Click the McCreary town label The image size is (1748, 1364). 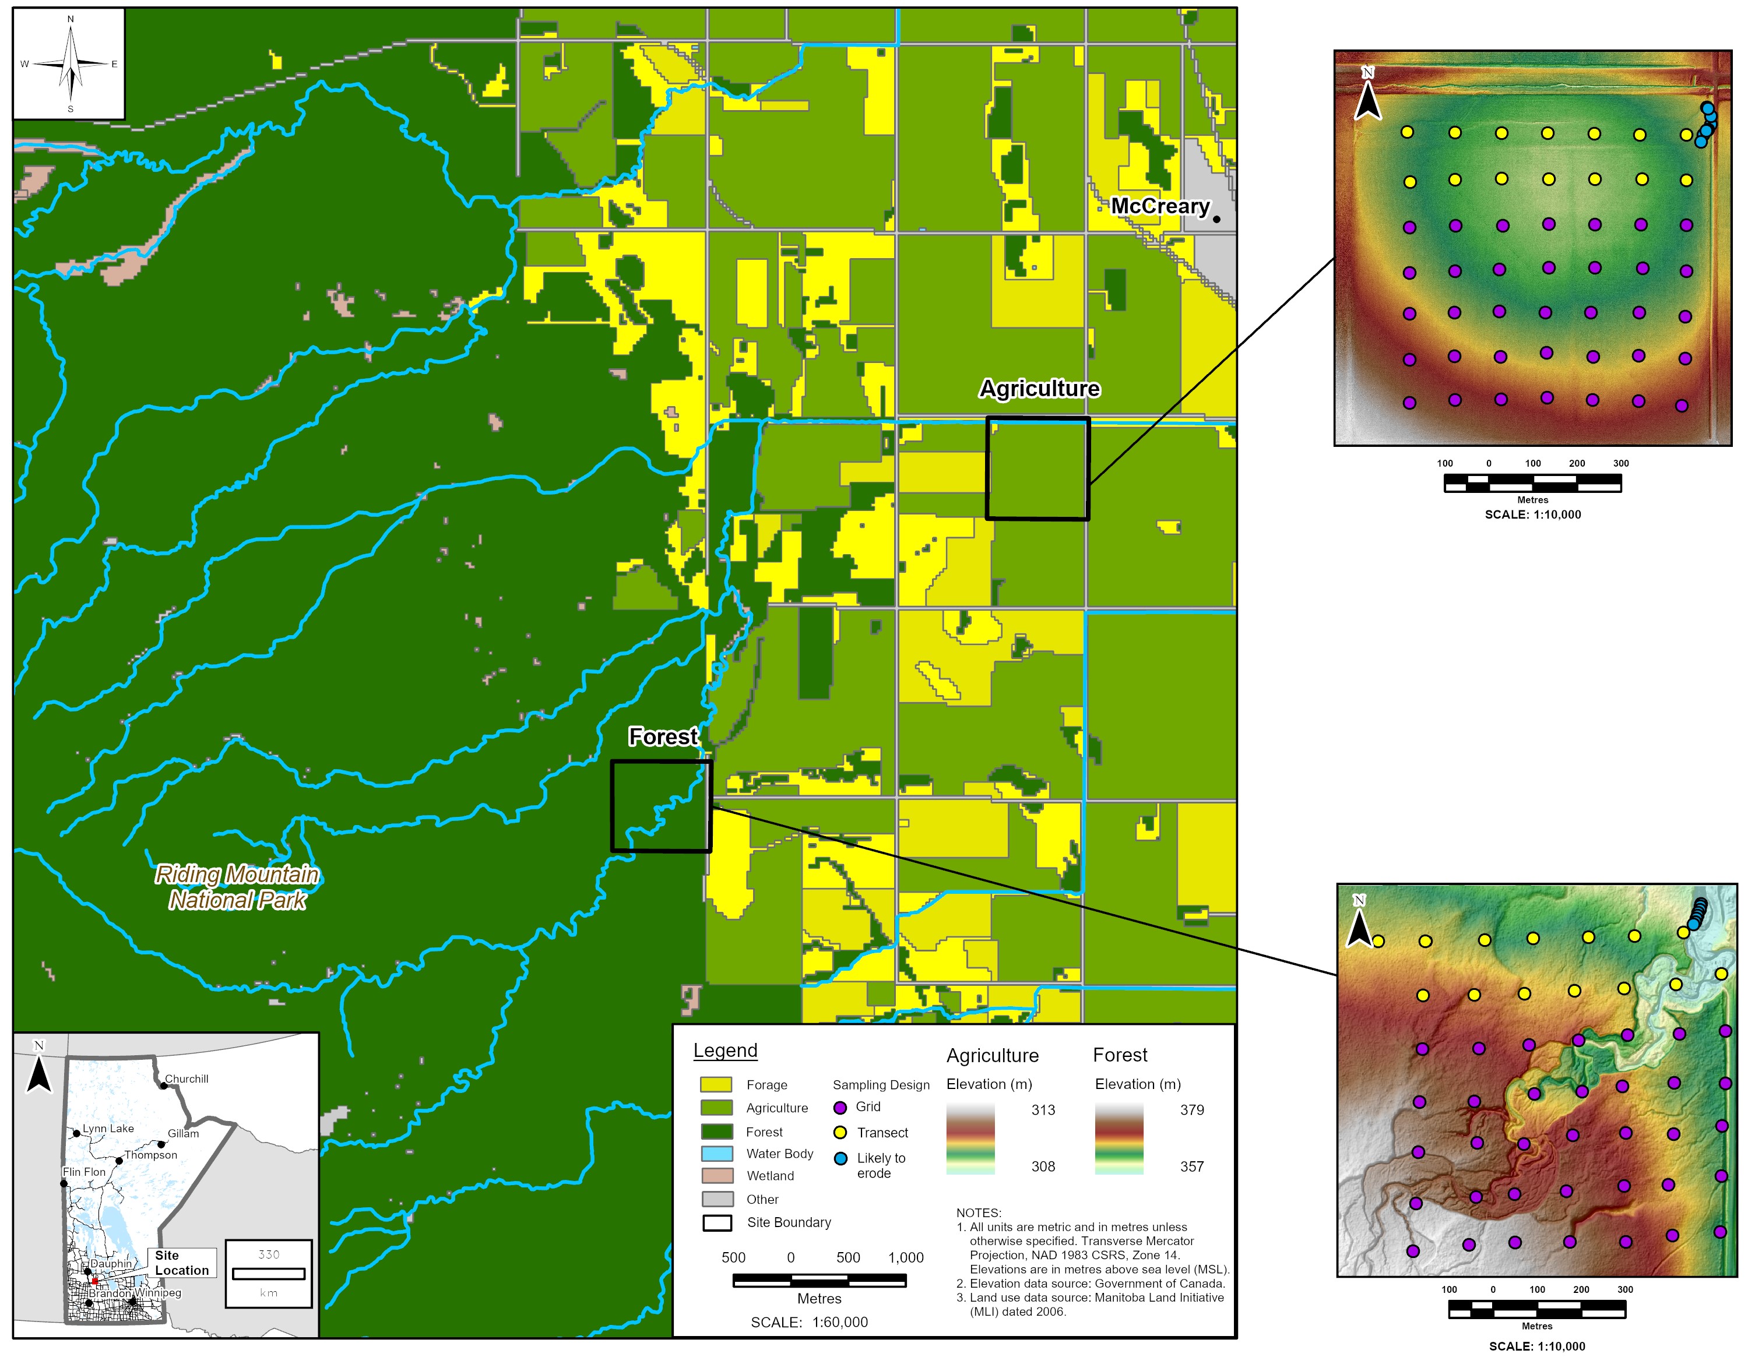pos(1160,206)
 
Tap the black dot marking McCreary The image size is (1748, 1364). pos(1216,219)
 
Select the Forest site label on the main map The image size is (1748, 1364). pos(663,737)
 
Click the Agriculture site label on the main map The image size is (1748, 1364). pos(1040,389)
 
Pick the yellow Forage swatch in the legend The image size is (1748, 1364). pos(716,1085)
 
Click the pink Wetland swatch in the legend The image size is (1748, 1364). pos(716,1176)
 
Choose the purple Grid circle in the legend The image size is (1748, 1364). pos(840,1108)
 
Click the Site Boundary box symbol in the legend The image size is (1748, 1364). pos(716,1223)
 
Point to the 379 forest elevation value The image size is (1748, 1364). pos(1192,1111)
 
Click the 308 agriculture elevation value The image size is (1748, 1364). pos(1043,1167)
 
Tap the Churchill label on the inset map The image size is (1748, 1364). pos(187,1079)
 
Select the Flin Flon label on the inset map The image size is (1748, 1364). pos(84,1172)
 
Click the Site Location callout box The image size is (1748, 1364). pos(182,1263)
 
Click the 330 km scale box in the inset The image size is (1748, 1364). pos(268,1274)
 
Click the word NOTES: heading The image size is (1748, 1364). pos(979,1213)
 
